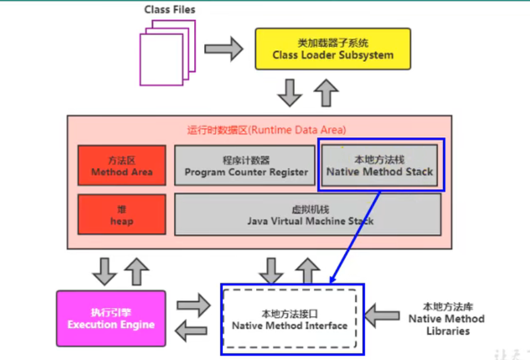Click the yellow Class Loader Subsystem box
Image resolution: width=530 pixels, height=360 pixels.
click(x=333, y=49)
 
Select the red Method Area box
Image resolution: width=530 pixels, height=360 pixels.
click(x=121, y=166)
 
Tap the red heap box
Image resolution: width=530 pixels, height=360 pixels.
click(x=121, y=215)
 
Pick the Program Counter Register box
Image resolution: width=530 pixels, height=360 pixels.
click(x=245, y=166)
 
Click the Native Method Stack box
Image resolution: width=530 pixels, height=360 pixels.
click(x=379, y=166)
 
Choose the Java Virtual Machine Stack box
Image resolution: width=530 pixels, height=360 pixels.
click(x=307, y=215)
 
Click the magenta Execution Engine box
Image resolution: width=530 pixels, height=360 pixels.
click(x=111, y=318)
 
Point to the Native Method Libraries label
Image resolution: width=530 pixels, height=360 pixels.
click(x=446, y=319)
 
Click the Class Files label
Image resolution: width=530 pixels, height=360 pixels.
click(x=169, y=10)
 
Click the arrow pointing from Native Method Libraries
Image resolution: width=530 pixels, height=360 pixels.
click(x=382, y=315)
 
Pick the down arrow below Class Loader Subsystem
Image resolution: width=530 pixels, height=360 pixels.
click(x=291, y=92)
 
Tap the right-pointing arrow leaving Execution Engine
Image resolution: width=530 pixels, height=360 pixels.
click(x=194, y=305)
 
